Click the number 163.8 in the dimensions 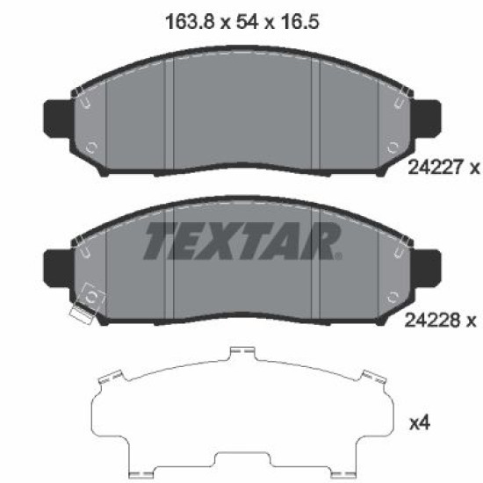coord(190,22)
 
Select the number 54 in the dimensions coord(247,22)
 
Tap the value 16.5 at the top coord(299,22)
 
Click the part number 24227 coord(436,168)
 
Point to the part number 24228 coord(432,321)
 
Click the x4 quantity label coord(420,423)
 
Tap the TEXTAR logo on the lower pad coord(242,241)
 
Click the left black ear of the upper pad coord(59,119)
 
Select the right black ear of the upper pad coord(426,119)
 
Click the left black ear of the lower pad coord(59,268)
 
